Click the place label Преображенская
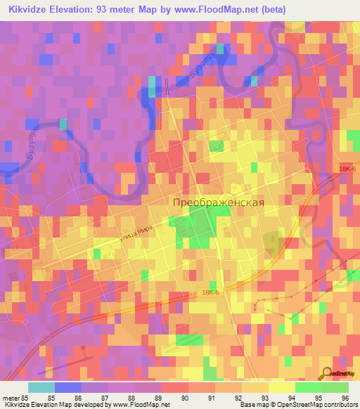pos(219,202)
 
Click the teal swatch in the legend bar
pos(41,387)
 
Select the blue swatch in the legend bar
pos(68,387)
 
